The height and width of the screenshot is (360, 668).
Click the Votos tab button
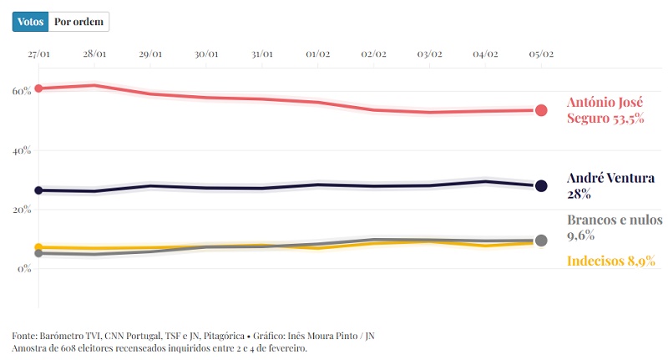(x=31, y=22)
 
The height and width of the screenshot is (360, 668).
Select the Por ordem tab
(x=79, y=22)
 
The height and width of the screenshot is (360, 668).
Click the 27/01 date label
(x=38, y=54)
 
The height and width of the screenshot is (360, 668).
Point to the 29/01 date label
(x=150, y=54)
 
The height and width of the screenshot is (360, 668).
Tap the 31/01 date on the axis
(x=262, y=54)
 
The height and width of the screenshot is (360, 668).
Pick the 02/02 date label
(x=373, y=54)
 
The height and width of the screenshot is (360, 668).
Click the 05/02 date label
(x=541, y=54)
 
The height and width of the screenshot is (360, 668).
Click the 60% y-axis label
(x=21, y=90)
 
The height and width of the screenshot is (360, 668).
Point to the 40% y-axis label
(x=21, y=150)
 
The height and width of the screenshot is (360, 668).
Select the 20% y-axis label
(x=21, y=210)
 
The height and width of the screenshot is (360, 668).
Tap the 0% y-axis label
(x=23, y=269)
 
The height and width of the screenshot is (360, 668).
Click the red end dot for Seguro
(x=541, y=110)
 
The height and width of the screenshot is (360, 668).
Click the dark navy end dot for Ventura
(x=541, y=186)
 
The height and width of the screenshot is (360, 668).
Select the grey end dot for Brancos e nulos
(x=541, y=241)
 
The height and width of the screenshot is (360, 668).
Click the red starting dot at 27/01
(x=38, y=88)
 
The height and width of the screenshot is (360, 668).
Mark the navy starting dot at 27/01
(x=38, y=190)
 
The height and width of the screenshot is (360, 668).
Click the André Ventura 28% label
(x=610, y=185)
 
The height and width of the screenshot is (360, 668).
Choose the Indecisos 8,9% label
(x=610, y=261)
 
